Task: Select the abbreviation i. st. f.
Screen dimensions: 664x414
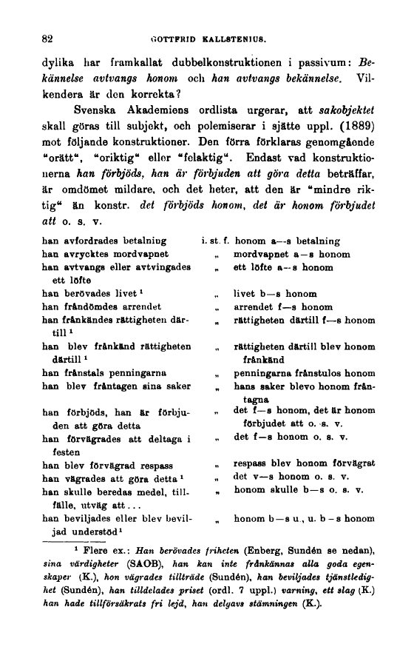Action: [212, 241]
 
